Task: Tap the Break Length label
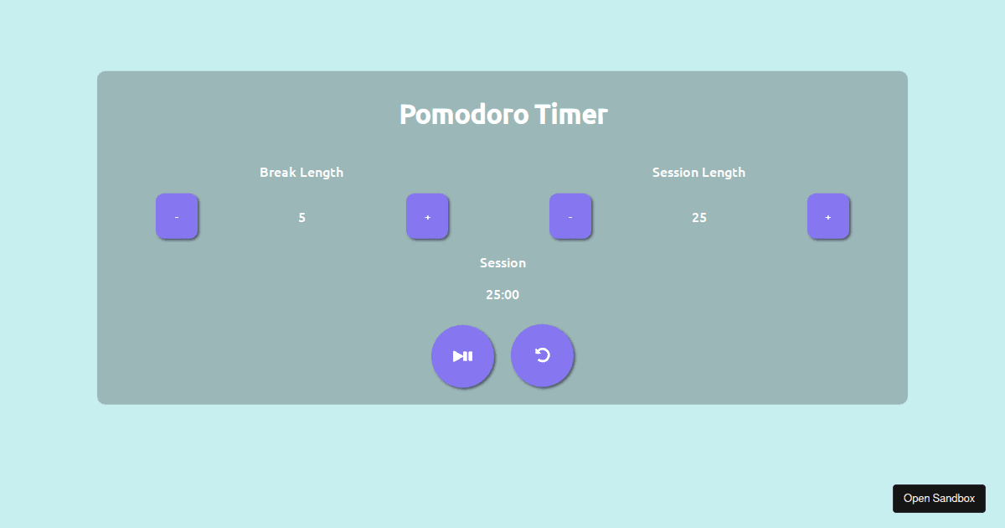(301, 173)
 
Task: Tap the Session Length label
(698, 173)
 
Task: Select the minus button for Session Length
(570, 217)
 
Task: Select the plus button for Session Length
(828, 217)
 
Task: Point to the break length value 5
(301, 218)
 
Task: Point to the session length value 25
(699, 218)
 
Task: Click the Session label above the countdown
(502, 263)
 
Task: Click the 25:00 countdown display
(502, 295)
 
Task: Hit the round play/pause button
(463, 356)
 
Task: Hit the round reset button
(543, 356)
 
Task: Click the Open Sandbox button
(939, 499)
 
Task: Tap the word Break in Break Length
(278, 173)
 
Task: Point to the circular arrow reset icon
(543, 355)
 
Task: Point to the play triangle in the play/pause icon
(458, 356)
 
